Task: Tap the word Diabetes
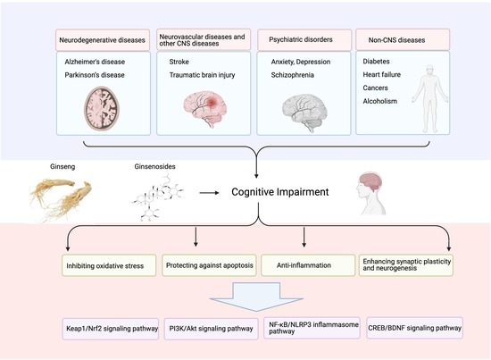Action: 380,63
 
